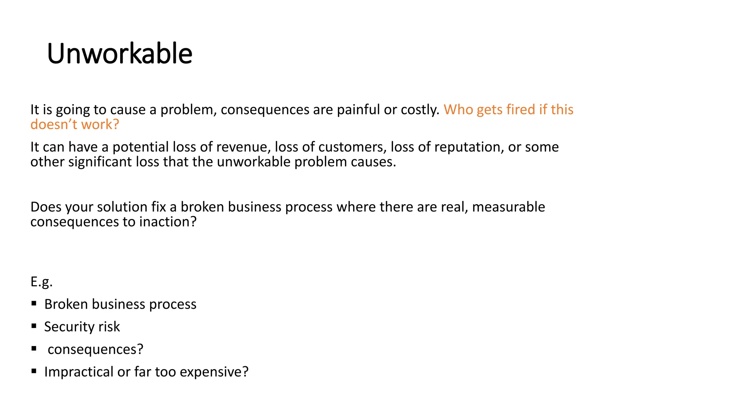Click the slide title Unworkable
119,54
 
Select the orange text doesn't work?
75,125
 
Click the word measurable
508,207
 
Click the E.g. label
41,282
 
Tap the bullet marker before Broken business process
34,303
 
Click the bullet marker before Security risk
34,326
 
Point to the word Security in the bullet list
69,327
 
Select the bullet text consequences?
96,349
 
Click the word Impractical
79,372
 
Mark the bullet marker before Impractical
34,371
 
